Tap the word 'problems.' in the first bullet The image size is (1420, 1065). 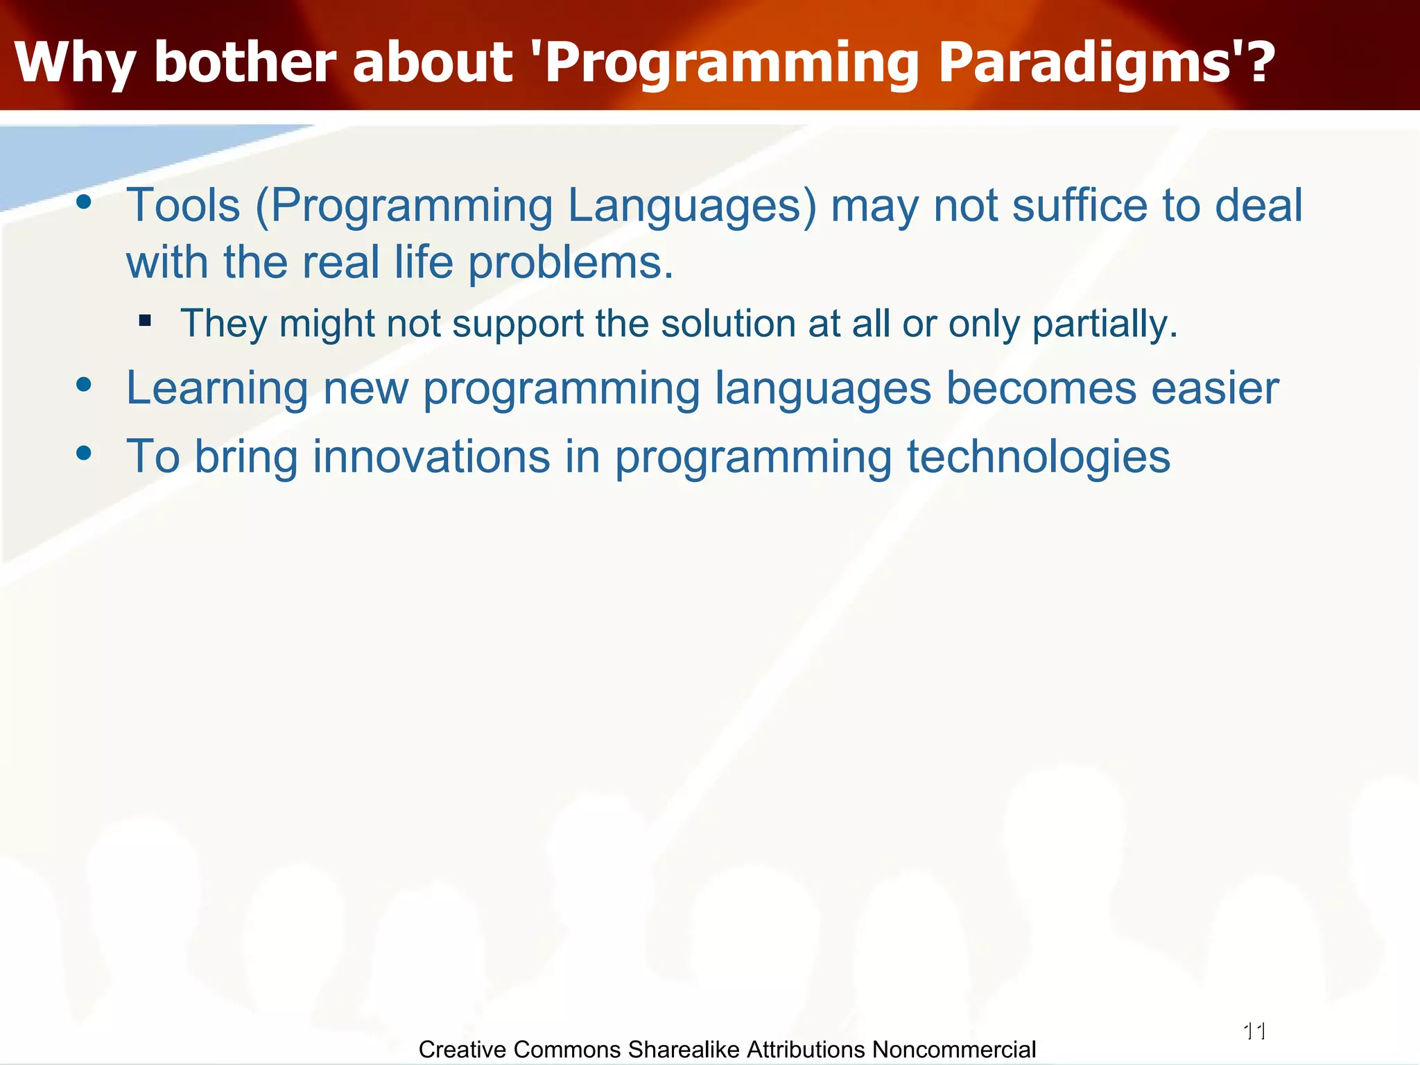571,263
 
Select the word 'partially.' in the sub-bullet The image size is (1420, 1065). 1105,324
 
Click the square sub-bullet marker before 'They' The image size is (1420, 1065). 145,320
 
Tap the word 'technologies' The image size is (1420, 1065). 1039,458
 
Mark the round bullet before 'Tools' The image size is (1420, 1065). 84,202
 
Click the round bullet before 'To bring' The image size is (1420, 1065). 84,453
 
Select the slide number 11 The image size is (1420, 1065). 1255,1032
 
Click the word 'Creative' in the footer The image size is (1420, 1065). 462,1050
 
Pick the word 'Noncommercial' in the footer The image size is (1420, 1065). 954,1050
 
